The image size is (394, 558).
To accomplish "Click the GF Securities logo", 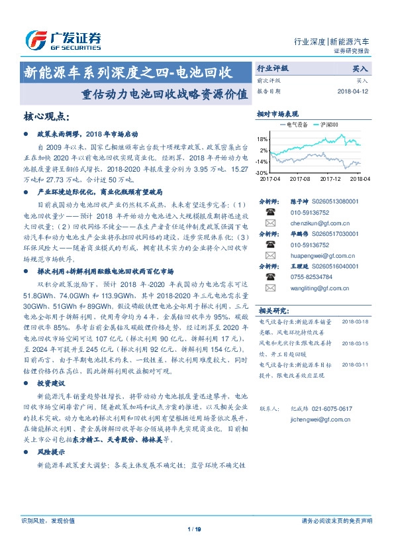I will click(x=62, y=39).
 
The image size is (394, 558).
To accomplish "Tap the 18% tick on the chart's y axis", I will click(x=263, y=139).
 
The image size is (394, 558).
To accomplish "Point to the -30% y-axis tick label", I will click(x=263, y=172).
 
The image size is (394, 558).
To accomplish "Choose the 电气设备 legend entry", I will click(x=294, y=124).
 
